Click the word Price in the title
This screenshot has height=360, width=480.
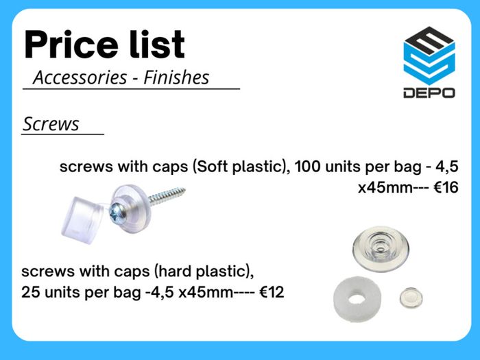tap(71, 45)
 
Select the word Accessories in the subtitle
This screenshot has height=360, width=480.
tap(80, 77)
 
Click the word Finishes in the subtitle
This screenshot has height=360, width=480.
tap(176, 77)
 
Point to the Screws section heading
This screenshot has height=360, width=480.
tap(51, 124)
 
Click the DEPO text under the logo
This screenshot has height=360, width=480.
tap(429, 93)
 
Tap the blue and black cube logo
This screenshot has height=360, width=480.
tap(429, 56)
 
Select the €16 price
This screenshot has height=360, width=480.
tap(446, 187)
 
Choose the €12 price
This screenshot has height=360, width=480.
tap(272, 292)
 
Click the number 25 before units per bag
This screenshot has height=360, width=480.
tap(31, 292)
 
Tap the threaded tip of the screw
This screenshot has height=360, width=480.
tap(180, 191)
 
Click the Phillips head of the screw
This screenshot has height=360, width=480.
tap(117, 212)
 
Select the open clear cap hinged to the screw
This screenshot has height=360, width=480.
tap(82, 220)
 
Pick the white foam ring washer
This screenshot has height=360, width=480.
tap(357, 299)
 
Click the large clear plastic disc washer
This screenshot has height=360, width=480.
tap(381, 248)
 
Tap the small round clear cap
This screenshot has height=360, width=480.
tap(411, 298)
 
